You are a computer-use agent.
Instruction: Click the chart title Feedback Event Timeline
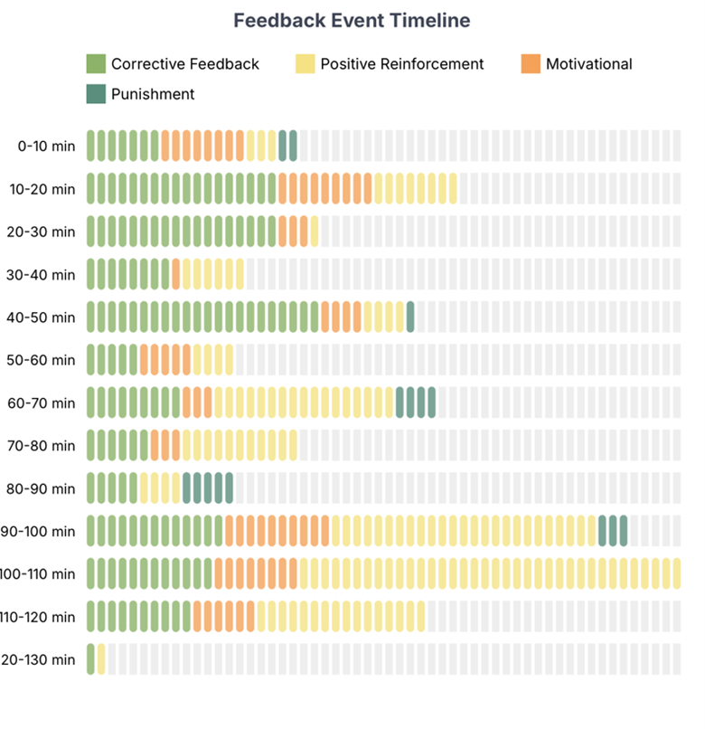point(352,21)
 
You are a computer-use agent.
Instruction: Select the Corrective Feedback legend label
point(184,64)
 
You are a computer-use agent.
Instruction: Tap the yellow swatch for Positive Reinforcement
point(305,64)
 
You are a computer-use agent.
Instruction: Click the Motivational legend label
point(588,64)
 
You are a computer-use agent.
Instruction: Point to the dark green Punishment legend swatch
point(96,93)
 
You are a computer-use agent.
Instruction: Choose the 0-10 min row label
point(46,146)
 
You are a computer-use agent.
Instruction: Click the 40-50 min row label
point(46,317)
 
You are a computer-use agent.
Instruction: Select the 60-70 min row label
point(46,402)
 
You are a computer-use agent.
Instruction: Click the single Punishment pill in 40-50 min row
point(410,317)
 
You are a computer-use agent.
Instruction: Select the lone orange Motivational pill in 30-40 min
point(175,274)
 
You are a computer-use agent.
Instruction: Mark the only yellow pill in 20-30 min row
point(315,231)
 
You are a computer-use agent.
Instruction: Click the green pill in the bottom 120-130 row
point(90,658)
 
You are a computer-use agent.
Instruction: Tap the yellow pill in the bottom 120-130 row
point(101,658)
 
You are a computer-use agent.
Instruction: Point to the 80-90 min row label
point(46,488)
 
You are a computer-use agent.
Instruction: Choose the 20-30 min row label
point(46,232)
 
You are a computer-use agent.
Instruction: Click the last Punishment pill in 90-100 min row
point(624,531)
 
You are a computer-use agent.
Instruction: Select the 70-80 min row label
point(46,446)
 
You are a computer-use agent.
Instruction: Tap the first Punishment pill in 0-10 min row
point(283,145)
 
